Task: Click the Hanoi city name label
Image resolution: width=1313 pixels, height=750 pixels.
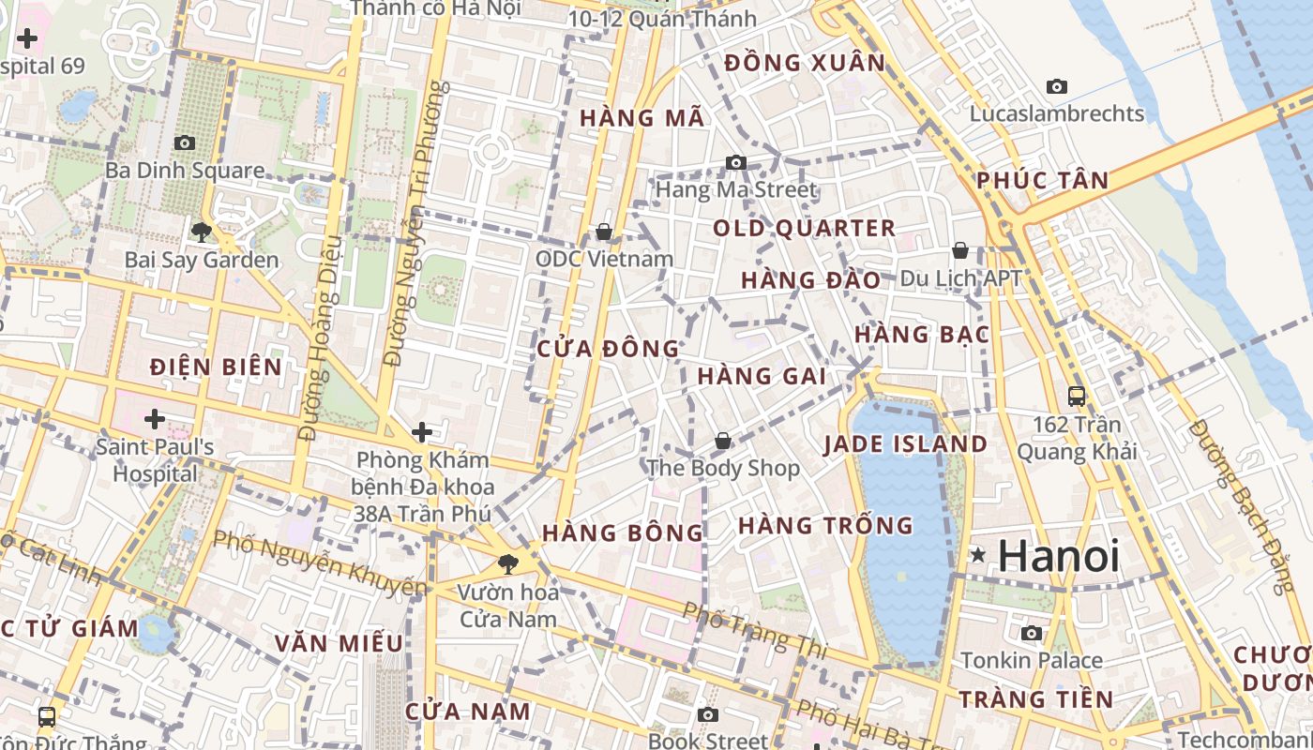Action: point(1059,556)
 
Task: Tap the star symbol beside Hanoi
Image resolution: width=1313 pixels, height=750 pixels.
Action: point(978,555)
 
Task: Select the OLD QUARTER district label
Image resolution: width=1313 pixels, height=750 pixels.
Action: point(805,228)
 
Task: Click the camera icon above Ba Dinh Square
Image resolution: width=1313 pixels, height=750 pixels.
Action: point(185,142)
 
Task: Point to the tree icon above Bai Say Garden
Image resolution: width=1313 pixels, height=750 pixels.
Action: point(201,232)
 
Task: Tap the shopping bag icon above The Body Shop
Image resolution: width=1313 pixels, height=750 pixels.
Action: point(723,440)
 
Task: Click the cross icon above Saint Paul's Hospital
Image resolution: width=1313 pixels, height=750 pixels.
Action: point(155,418)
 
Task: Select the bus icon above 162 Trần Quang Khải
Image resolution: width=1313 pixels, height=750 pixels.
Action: point(1076,396)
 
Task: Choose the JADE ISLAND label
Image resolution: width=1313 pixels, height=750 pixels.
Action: point(906,444)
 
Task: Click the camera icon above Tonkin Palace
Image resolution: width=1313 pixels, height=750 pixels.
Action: point(1031,633)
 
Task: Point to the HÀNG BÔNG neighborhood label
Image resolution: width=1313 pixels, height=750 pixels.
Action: point(623,532)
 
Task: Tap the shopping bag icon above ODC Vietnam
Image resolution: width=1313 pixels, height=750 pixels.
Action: point(604,231)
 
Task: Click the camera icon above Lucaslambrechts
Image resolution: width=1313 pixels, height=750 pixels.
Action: point(1057,86)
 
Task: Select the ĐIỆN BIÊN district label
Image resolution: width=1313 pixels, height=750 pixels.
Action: point(216,367)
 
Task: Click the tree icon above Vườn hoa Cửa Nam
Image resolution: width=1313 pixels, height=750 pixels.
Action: point(507,563)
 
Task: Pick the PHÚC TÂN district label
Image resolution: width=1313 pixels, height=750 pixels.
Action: point(1042,180)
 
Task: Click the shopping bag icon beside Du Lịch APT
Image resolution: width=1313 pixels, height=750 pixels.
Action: point(960,250)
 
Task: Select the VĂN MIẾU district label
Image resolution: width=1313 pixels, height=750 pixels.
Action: point(339,643)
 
